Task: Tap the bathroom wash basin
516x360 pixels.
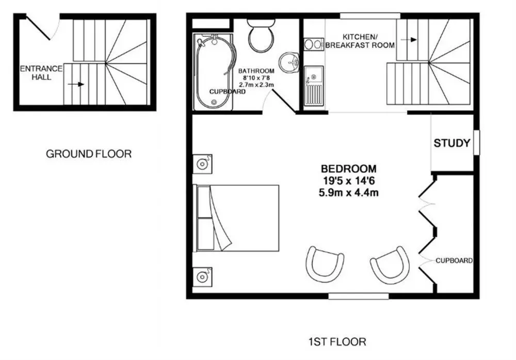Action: pyautogui.click(x=289, y=62)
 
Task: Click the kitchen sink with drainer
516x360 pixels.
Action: pyautogui.click(x=314, y=86)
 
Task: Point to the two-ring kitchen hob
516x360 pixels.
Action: pyautogui.click(x=314, y=44)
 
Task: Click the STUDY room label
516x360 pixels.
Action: pyautogui.click(x=452, y=143)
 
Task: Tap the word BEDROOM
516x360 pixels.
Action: pyautogui.click(x=348, y=169)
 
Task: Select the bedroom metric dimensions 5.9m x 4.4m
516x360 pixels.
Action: pyautogui.click(x=348, y=192)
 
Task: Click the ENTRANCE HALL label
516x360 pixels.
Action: pyautogui.click(x=41, y=73)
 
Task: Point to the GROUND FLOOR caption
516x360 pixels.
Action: pyautogui.click(x=89, y=154)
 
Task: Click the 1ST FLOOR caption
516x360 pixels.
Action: pyautogui.click(x=337, y=342)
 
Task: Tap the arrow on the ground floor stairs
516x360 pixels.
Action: pyautogui.click(x=76, y=84)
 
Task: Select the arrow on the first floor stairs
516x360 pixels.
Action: pyautogui.click(x=409, y=40)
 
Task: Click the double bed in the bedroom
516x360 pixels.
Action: pyautogui.click(x=237, y=218)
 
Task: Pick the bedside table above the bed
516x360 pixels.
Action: pyautogui.click(x=202, y=163)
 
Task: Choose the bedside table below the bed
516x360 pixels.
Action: pyautogui.click(x=202, y=276)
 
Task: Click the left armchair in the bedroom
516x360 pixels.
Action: pyautogui.click(x=324, y=264)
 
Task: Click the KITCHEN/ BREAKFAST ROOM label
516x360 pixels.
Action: pyautogui.click(x=360, y=41)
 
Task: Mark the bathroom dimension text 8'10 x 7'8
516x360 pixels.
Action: pyautogui.click(x=256, y=78)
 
